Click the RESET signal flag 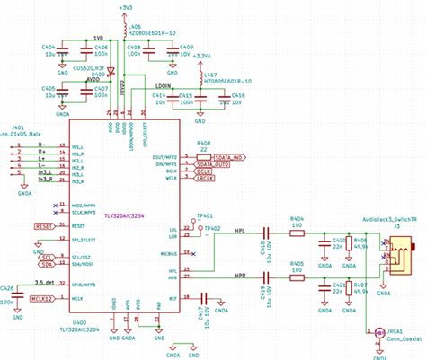click(x=44, y=228)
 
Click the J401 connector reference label click(x=19, y=127)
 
